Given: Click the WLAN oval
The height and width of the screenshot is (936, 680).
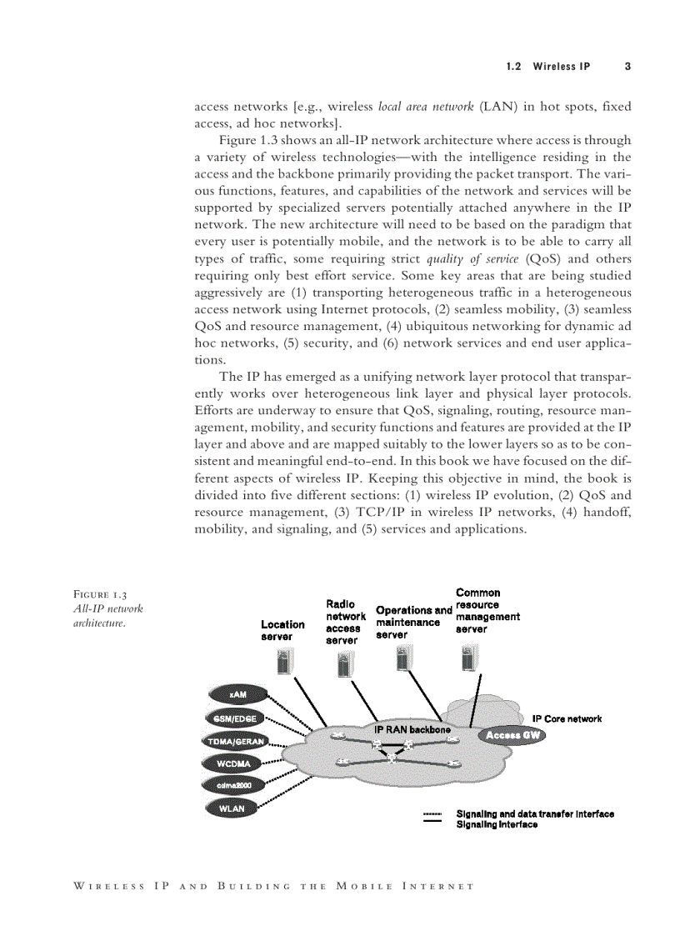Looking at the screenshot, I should pos(231,808).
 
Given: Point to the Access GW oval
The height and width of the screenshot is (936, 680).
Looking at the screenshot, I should pos(512,735).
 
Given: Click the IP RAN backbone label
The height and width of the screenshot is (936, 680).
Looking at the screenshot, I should pos(412,729).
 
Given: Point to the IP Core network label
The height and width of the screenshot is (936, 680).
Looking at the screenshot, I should pos(567,718).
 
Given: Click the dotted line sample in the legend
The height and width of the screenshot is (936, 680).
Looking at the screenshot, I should pos(432,813).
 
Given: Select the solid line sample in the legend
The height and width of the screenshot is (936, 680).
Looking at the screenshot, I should pos(432,824).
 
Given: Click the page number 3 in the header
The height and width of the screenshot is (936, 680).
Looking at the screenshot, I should pos(627,66).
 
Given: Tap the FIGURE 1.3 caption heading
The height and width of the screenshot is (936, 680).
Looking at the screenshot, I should pos(100,595).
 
